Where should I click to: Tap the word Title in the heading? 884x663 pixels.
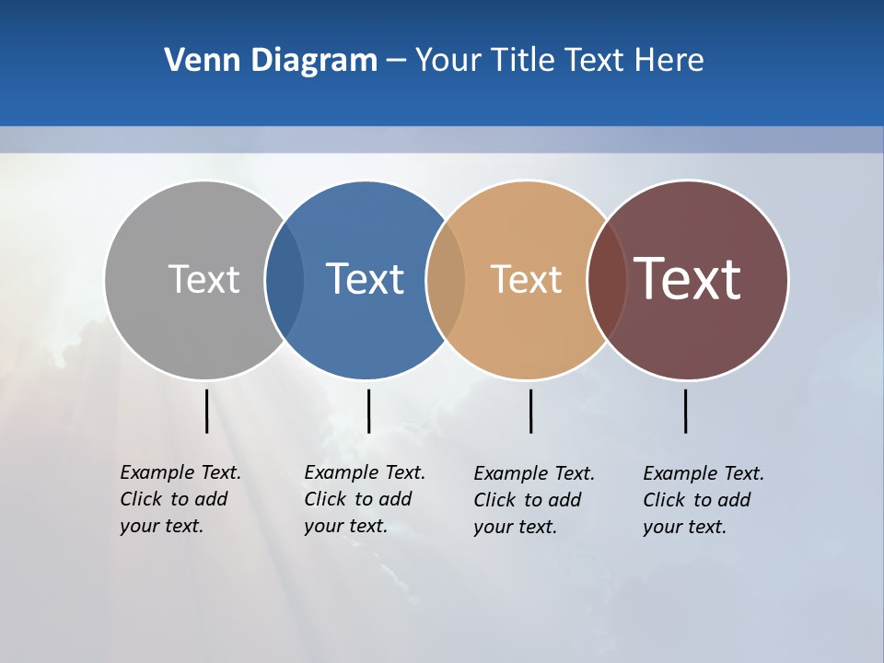pyautogui.click(x=527, y=61)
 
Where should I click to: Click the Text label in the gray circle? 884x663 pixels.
pyautogui.click(x=204, y=279)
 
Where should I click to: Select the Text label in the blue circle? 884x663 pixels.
pyautogui.click(x=365, y=279)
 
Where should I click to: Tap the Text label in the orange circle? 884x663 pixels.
pyautogui.click(x=526, y=279)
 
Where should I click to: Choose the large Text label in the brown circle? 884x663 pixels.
pyautogui.click(x=688, y=279)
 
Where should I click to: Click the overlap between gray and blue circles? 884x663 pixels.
pyautogui.click(x=285, y=279)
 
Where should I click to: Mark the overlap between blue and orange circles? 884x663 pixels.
pyautogui.click(x=446, y=279)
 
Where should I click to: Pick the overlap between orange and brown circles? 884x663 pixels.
pyautogui.click(x=607, y=279)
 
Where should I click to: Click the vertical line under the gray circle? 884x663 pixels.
pyautogui.click(x=207, y=411)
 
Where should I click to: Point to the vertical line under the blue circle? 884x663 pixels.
pyautogui.click(x=368, y=411)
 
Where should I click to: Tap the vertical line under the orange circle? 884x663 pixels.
pyautogui.click(x=530, y=411)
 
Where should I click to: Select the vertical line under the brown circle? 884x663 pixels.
pyautogui.click(x=685, y=411)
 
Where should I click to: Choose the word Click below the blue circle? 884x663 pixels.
pyautogui.click(x=325, y=499)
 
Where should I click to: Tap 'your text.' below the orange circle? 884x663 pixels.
pyautogui.click(x=515, y=527)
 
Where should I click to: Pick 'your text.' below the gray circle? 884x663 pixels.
pyautogui.click(x=161, y=526)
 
